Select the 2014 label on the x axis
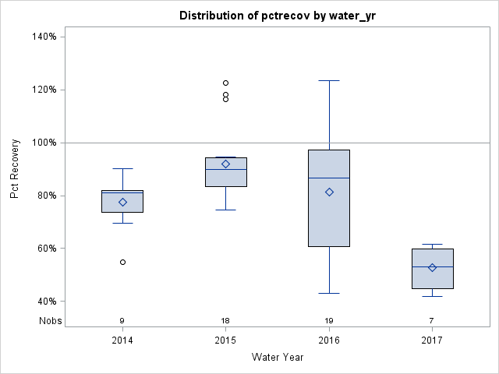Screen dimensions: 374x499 pos(122,340)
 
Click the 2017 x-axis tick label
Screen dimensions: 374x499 pos(432,340)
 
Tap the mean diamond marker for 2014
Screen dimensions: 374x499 pos(122,202)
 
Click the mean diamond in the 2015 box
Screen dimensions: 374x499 pos(225,164)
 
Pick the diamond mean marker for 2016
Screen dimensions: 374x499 pos(329,192)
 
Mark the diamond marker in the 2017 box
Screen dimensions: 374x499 pos(432,267)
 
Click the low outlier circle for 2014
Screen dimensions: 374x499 pos(122,262)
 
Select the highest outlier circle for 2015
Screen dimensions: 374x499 pos(225,83)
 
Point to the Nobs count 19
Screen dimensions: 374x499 pos(329,321)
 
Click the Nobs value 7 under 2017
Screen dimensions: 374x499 pos(432,321)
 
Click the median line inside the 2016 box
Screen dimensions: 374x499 pos(329,178)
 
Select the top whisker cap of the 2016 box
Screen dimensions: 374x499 pos(329,80)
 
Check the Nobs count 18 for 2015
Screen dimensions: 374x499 pos(225,321)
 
